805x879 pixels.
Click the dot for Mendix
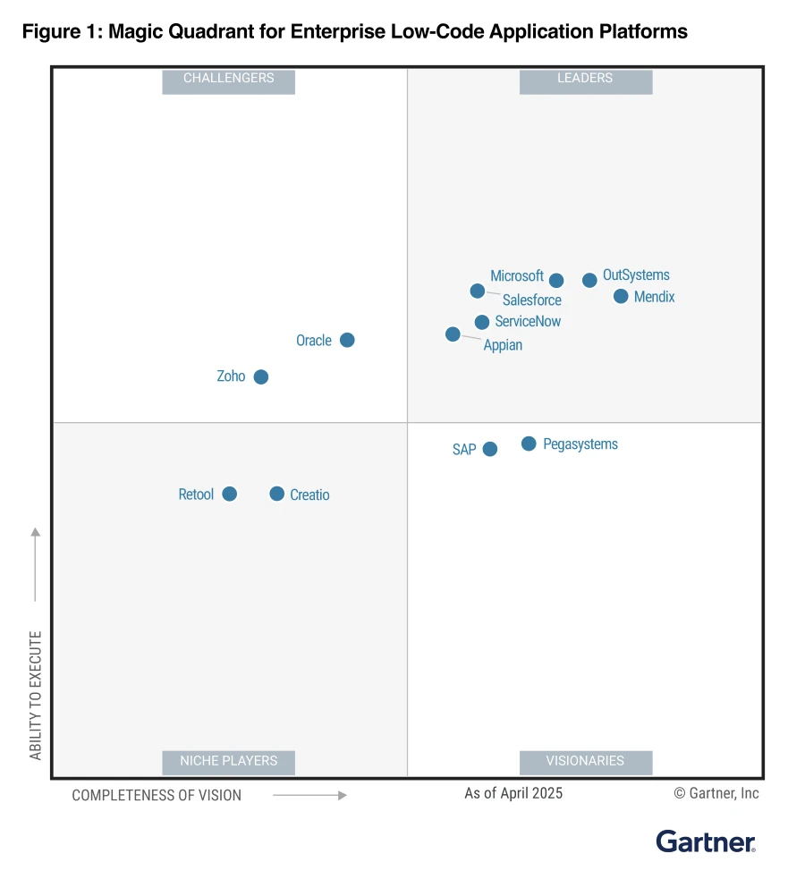pos(621,296)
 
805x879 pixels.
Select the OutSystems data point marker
pos(589,280)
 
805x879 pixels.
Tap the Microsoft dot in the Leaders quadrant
pos(556,280)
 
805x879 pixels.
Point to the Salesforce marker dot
pos(478,291)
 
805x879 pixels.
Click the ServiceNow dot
pos(482,322)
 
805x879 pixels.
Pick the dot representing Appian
pos(453,334)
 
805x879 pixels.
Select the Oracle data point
pos(347,340)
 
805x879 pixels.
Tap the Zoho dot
pos(260,376)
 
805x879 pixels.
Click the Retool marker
pos(229,494)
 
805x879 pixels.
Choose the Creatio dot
pos(276,494)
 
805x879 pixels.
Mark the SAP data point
pos(489,449)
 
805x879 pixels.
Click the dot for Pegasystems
pos(529,444)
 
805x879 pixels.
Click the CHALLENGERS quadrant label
pos(228,79)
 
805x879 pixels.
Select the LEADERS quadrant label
pos(585,79)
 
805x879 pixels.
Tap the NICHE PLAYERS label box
pos(228,761)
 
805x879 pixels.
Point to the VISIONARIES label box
pos(585,761)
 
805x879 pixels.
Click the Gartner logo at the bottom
pos(706,841)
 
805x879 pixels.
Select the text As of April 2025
pos(513,793)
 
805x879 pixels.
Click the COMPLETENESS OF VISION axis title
pos(157,795)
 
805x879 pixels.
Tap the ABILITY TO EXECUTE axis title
pos(36,696)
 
